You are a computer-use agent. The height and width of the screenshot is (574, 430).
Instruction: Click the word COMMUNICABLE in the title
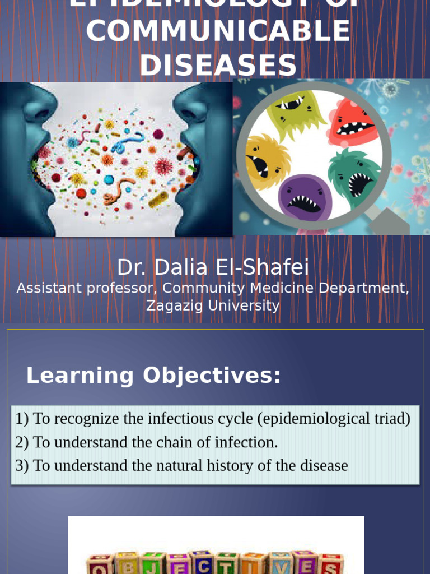pos(218,31)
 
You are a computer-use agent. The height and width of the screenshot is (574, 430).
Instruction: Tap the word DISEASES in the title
pos(218,65)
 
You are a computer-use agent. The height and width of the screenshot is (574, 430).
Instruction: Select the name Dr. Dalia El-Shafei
pos(213,267)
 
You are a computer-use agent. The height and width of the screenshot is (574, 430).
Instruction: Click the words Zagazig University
pos(213,305)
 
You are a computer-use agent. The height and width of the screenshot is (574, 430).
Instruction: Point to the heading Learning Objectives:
pos(153,376)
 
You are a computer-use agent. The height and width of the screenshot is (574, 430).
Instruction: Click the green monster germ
pos(296,115)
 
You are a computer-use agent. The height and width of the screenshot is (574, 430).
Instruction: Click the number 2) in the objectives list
pos(22,442)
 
